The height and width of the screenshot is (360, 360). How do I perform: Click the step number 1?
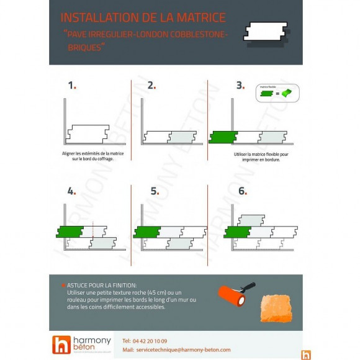[x=71, y=86]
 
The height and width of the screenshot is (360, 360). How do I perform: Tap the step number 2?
[x=151, y=86]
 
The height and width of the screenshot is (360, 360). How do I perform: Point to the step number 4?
[x=71, y=191]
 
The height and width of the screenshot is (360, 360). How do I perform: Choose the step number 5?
[x=155, y=191]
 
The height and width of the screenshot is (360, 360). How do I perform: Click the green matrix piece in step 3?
[x=222, y=137]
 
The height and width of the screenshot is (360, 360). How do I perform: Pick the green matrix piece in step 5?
[x=146, y=232]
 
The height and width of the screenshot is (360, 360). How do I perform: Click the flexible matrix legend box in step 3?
[x=277, y=93]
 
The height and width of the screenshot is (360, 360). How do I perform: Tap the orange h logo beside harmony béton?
[x=61, y=345]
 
